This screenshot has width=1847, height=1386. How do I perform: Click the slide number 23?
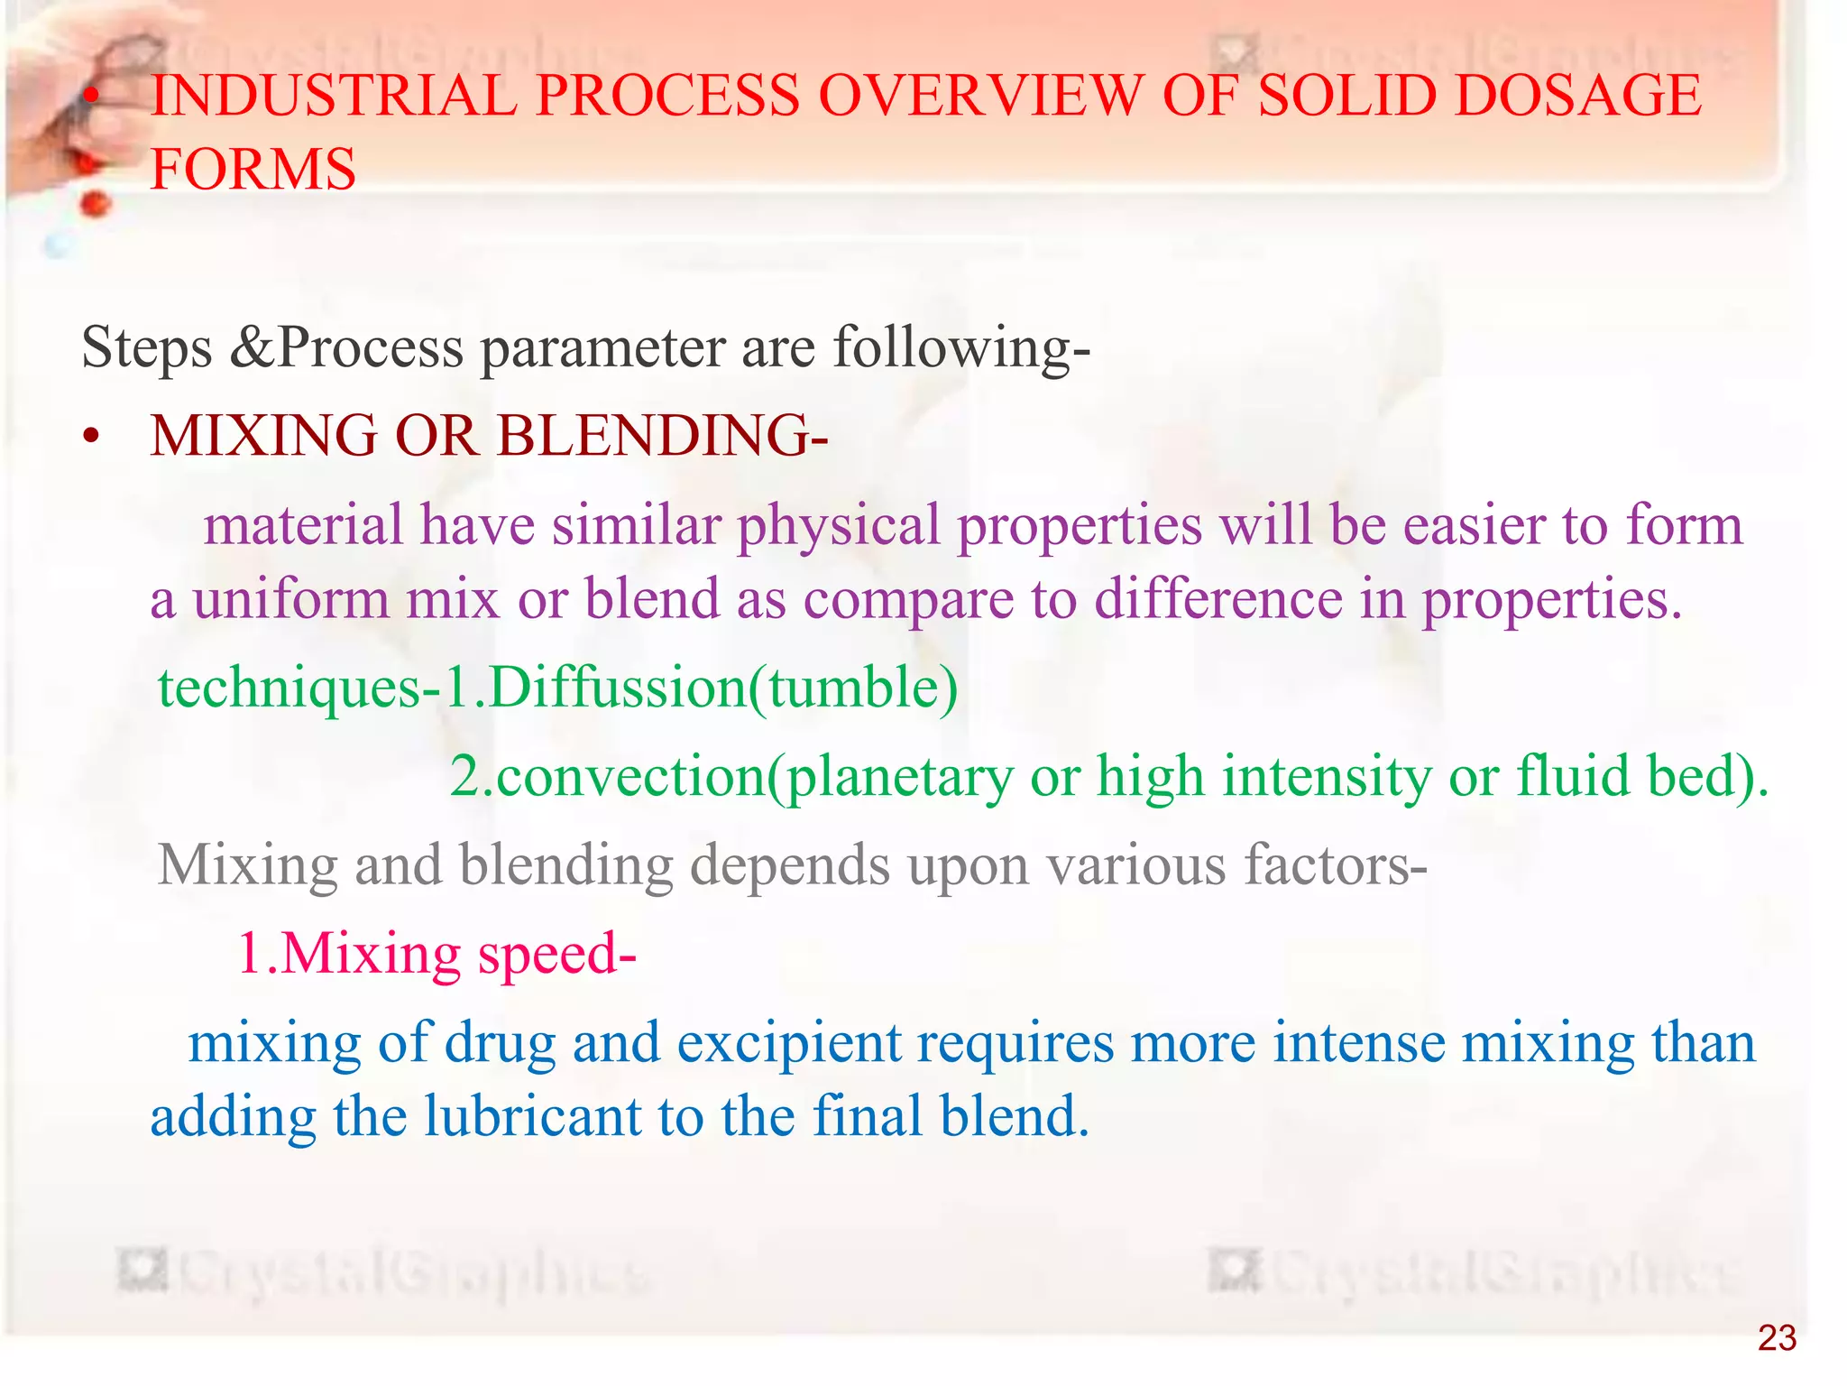point(1777,1338)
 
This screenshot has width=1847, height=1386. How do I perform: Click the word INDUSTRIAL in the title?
point(333,96)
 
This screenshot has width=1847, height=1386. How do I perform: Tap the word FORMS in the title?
point(253,169)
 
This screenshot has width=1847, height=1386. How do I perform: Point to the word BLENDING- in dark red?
point(662,436)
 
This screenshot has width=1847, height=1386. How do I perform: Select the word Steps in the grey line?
point(147,347)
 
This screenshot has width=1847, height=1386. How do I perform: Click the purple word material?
point(303,525)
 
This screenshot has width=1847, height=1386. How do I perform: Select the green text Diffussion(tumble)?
point(722,688)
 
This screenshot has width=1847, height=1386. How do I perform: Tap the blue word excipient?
point(788,1043)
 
